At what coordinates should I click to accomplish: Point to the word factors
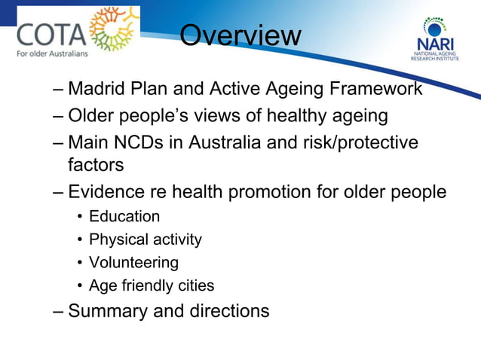tap(96, 164)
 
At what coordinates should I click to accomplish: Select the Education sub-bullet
tap(124, 217)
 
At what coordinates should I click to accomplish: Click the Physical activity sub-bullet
tap(145, 240)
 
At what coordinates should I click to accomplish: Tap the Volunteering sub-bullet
tap(133, 263)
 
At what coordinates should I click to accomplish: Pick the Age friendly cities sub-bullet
tap(151, 286)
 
